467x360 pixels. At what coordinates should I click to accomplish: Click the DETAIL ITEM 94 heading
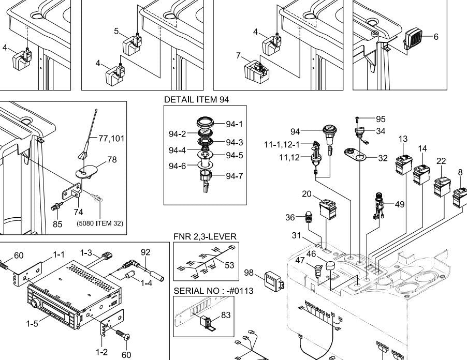click(x=196, y=99)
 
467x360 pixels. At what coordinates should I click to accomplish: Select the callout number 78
click(x=112, y=160)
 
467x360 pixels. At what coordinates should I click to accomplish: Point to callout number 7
click(x=239, y=55)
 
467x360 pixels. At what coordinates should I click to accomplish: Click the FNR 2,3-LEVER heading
click(x=205, y=236)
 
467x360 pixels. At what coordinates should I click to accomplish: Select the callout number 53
click(x=229, y=265)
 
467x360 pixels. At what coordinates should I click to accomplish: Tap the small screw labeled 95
click(x=358, y=118)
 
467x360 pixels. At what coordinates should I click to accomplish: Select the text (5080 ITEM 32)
click(x=100, y=224)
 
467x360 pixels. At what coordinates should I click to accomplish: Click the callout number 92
click(x=145, y=252)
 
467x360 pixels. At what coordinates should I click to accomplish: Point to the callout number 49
click(x=399, y=204)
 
